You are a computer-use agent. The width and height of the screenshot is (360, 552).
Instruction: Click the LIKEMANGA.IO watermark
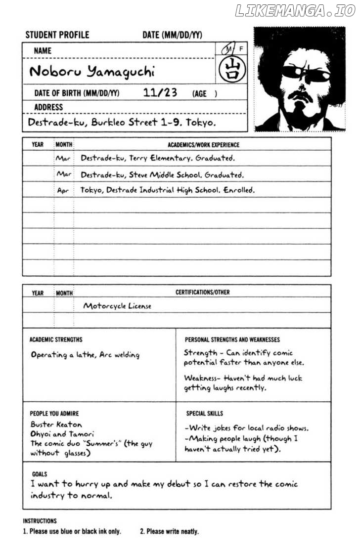click(295, 11)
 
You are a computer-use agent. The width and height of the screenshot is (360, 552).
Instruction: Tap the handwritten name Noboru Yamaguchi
click(92, 72)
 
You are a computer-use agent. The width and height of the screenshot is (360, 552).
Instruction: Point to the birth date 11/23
click(160, 92)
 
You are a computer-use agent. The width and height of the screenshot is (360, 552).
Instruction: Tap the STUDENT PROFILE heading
click(57, 35)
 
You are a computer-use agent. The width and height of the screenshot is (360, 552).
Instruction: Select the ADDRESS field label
click(48, 107)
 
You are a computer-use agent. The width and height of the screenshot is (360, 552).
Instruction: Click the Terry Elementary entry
click(157, 159)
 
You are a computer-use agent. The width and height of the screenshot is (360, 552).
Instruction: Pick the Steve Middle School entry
click(162, 174)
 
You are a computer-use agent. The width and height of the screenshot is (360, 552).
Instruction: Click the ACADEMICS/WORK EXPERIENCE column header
click(203, 145)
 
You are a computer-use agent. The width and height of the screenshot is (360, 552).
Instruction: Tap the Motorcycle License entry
click(117, 306)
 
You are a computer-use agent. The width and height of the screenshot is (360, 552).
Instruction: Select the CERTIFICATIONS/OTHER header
click(202, 293)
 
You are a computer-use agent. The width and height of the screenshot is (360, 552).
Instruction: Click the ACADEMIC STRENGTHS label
click(56, 340)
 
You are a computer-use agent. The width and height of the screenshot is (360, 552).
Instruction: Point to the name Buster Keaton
click(56, 424)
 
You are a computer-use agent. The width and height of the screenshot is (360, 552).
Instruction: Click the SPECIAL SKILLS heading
click(204, 413)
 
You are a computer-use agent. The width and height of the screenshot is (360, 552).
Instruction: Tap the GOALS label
click(40, 473)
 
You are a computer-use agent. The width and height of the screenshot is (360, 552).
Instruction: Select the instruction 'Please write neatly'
click(169, 532)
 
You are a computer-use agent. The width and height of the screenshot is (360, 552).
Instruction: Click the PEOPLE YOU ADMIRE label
click(54, 413)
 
